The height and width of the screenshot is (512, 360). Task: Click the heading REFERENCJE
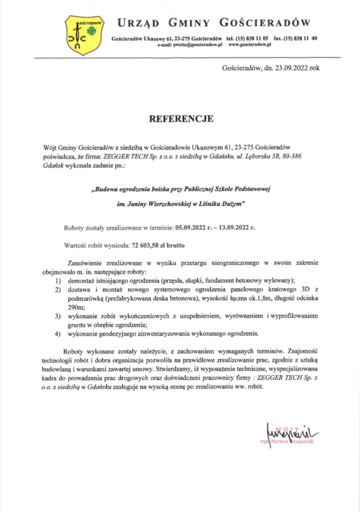pos(181,119)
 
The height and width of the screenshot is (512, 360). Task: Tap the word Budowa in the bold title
pos(108,188)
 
